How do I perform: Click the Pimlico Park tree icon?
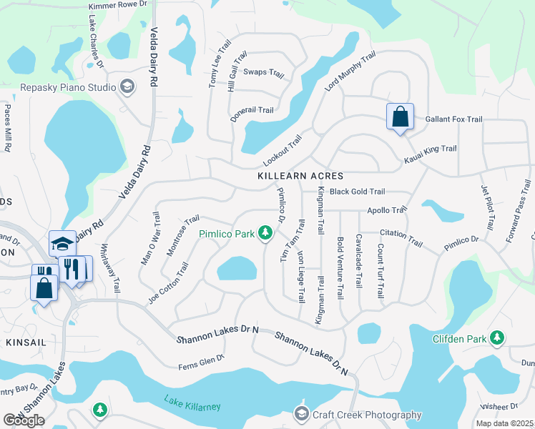[x=265, y=233]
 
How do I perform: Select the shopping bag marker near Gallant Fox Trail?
[x=399, y=116]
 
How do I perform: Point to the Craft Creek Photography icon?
[x=301, y=415]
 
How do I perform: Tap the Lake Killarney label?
[x=192, y=403]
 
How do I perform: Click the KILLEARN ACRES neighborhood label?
[x=301, y=175]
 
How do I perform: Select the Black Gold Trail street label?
[x=357, y=192]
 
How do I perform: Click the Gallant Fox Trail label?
[x=453, y=119]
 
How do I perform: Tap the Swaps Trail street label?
[x=264, y=73]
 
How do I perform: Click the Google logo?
[x=24, y=420]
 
